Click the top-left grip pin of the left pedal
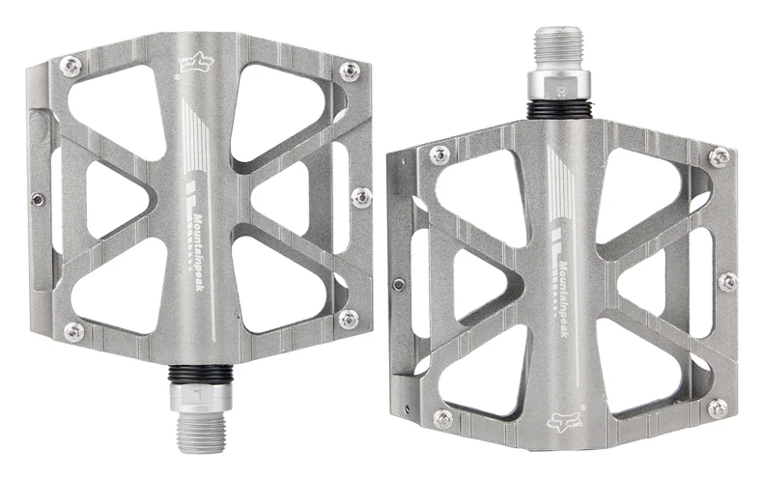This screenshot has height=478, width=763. [x=71, y=67]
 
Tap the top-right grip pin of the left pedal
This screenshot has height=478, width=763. [x=350, y=70]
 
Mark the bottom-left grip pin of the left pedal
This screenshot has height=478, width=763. [x=73, y=331]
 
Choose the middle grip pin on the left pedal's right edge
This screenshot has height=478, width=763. [x=361, y=197]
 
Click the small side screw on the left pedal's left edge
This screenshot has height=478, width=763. [x=37, y=199]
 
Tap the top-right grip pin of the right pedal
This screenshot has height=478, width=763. [x=719, y=155]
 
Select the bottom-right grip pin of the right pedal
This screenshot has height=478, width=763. [x=717, y=408]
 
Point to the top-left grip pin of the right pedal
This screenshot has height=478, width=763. [x=439, y=155]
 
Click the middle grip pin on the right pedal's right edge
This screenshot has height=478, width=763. [x=728, y=282]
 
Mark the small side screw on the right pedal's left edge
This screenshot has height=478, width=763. [x=399, y=284]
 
